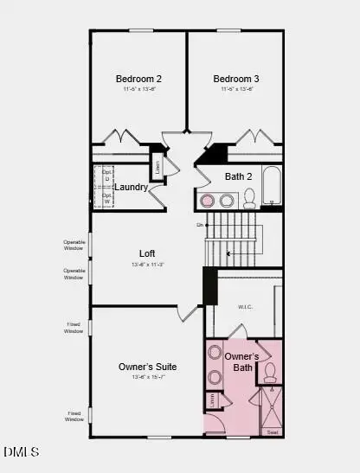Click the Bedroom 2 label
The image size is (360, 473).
pos(138,79)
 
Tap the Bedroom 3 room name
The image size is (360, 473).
pos(236,79)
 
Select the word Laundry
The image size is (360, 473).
pos(131,188)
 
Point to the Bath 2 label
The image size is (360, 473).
pos(238,176)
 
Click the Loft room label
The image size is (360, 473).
pos(147,253)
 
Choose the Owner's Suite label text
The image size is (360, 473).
pos(147,367)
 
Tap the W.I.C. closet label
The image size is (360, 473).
pos(245,307)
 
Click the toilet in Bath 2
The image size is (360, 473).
pos(249,199)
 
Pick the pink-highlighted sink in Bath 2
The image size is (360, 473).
pos(208,201)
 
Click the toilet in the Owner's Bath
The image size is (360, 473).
pos(269,372)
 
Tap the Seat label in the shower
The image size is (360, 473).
pos(273,431)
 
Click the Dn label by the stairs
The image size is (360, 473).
pos(199,225)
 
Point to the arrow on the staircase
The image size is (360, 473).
pos(228,253)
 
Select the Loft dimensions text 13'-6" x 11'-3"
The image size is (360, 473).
pos(147,264)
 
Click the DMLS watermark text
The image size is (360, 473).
pos(21,451)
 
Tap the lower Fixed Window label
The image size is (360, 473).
pos(74,417)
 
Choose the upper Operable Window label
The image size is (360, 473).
pos(74,245)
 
